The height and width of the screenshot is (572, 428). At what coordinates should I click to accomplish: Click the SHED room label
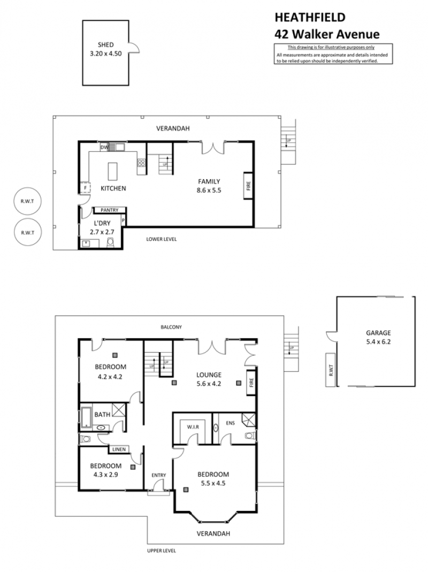click(x=105, y=45)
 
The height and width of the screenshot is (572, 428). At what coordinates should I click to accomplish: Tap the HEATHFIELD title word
click(x=310, y=18)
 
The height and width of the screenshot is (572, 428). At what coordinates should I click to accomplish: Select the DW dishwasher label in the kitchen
click(x=104, y=147)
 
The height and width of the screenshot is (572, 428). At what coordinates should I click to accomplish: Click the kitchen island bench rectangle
click(x=113, y=171)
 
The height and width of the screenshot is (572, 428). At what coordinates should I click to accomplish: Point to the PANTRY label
click(x=110, y=210)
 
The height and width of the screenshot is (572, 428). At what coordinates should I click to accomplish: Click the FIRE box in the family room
click(x=248, y=186)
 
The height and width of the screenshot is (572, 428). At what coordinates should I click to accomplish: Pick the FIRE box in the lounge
click(x=251, y=383)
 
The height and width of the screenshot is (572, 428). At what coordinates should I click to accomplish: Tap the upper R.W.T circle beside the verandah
click(x=27, y=201)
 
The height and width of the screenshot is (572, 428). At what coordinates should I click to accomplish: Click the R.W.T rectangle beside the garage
click(x=331, y=370)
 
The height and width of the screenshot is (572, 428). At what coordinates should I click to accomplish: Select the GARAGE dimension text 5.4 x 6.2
click(x=378, y=342)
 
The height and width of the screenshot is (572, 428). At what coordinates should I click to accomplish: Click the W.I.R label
click(x=193, y=427)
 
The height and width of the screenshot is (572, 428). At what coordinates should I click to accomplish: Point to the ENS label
click(x=230, y=423)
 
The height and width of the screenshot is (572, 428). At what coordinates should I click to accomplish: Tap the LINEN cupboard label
click(x=119, y=449)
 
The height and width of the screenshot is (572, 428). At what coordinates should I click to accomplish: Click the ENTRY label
click(x=159, y=475)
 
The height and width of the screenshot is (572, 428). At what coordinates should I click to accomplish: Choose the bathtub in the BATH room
click(x=86, y=417)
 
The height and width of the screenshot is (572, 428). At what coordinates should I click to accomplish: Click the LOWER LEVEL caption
click(x=161, y=239)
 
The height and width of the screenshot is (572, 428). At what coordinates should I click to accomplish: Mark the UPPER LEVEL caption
click(x=161, y=551)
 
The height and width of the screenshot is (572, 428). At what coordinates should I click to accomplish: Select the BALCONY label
click(x=171, y=327)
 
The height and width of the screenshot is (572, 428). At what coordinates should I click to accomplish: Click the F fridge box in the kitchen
click(x=85, y=188)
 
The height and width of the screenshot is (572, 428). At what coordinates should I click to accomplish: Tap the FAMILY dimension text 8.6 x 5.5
click(x=209, y=190)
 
